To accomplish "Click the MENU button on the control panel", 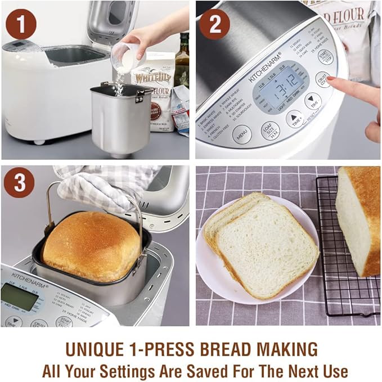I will pos(242,134).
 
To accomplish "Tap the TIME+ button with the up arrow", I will pos(295,118).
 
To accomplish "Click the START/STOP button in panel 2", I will pos(325,57).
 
